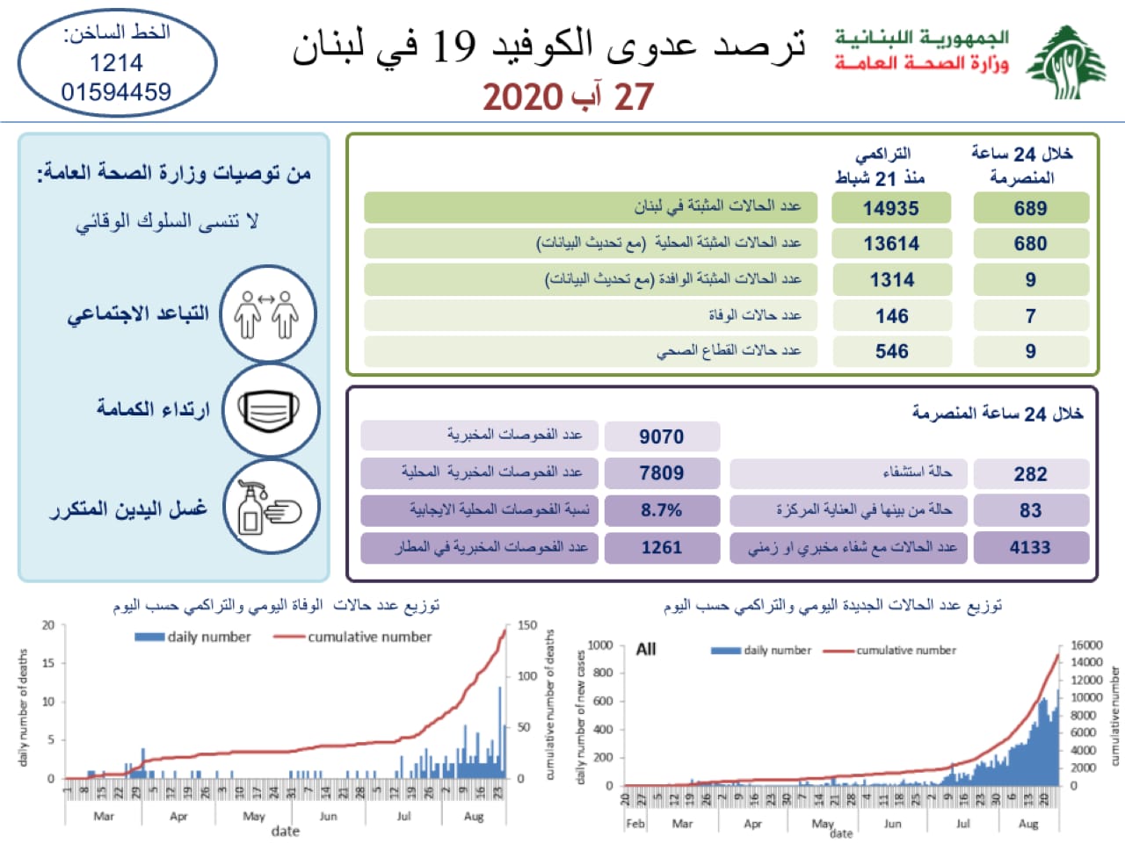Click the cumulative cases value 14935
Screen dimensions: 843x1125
890,208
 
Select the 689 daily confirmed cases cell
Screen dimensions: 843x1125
1030,208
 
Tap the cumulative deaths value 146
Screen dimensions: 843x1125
891,316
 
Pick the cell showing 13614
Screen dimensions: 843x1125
891,244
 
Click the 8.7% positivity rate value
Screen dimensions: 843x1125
661,510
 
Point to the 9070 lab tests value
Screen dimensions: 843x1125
661,436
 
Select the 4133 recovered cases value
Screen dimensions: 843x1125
1029,548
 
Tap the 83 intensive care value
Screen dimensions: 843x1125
1030,510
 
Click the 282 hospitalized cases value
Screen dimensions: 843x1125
1030,474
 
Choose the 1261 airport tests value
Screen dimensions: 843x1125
661,548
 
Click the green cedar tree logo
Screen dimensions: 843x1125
1066,62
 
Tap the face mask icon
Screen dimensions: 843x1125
269,411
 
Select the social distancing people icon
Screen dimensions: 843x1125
267,314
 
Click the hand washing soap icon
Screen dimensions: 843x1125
269,508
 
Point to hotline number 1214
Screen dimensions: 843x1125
116,63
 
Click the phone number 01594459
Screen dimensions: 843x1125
116,92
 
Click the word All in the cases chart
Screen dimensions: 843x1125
646,649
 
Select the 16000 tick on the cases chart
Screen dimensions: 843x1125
1085,645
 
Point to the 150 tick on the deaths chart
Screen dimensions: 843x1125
526,625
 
